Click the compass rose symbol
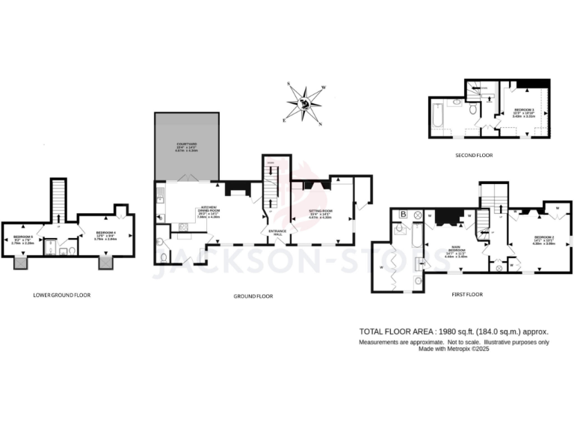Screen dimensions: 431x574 pyautogui.click(x=304, y=104)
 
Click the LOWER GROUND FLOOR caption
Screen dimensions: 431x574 pyautogui.click(x=62, y=295)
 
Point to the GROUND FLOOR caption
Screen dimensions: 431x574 pyautogui.click(x=253, y=296)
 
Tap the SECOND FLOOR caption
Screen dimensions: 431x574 pyautogui.click(x=474, y=155)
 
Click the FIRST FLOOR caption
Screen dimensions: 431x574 pyautogui.click(x=467, y=295)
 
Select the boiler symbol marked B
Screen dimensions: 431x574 pyautogui.click(x=404, y=215)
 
